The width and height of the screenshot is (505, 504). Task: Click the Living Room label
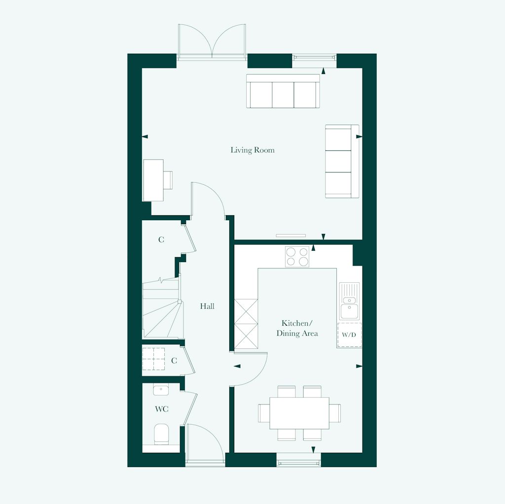[252, 150]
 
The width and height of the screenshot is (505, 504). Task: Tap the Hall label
[207, 306]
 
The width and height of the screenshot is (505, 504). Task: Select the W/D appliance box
[349, 335]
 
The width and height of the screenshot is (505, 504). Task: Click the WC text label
[162, 409]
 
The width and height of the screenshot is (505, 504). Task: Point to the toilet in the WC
[161, 434]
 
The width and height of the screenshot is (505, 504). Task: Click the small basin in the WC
[160, 390]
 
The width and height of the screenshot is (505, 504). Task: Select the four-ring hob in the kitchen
[297, 256]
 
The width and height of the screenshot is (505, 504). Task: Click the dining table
[299, 413]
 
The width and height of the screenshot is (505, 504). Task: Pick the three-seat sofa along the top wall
[283, 92]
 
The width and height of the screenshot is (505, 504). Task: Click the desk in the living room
[153, 180]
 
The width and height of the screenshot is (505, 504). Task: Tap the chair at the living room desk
[168, 180]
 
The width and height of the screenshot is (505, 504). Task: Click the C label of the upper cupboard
[161, 240]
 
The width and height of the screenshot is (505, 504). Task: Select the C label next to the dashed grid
[174, 361]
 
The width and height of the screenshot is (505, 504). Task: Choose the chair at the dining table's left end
[263, 413]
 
